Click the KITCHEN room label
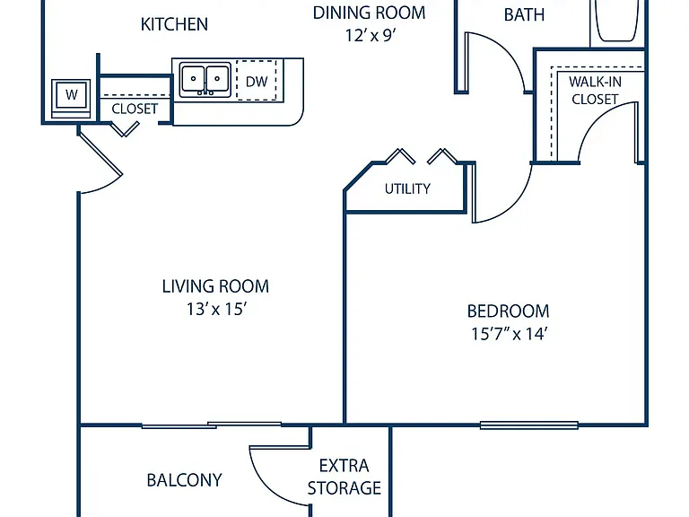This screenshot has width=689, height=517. click(174, 24)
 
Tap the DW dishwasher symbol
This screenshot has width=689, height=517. click(257, 81)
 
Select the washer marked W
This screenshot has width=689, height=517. click(71, 99)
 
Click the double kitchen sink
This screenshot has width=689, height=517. click(205, 80)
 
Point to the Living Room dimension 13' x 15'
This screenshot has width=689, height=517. click(215, 309)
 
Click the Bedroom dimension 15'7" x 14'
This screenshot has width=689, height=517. click(509, 334)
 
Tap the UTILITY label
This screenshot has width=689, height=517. click(407, 188)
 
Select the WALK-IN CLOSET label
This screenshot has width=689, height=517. click(595, 90)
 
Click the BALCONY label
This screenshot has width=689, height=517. click(184, 480)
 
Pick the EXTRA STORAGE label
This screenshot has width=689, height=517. click(344, 477)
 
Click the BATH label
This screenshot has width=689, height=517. click(524, 14)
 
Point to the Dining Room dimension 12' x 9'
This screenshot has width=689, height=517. click(370, 35)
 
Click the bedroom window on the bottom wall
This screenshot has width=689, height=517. click(528, 425)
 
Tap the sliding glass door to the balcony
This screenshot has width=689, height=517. click(212, 425)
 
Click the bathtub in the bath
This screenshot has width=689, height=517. click(616, 21)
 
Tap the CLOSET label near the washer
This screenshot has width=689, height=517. click(135, 109)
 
